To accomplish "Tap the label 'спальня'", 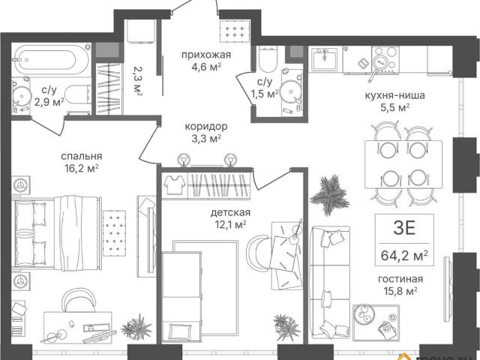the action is [x=82, y=156].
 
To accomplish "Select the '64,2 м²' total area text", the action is [x=404, y=255].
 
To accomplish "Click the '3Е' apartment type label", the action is [x=404, y=228].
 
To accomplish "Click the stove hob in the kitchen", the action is [x=385, y=59].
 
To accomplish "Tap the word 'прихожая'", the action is [x=206, y=55].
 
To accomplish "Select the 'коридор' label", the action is [x=206, y=126].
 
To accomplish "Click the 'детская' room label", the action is [x=230, y=212].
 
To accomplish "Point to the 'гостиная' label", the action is [x=400, y=279].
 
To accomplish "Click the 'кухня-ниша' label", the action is [x=395, y=95].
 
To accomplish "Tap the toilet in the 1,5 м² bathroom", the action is [x=268, y=59].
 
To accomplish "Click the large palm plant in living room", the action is [x=330, y=195].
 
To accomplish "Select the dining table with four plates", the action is [x=403, y=164].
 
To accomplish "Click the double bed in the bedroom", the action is [x=56, y=233].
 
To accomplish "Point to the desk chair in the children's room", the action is [x=259, y=252].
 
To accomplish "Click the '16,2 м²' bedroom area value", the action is [x=82, y=168].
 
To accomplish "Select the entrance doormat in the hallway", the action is [x=235, y=31].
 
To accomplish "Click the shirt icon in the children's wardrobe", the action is [x=174, y=184].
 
